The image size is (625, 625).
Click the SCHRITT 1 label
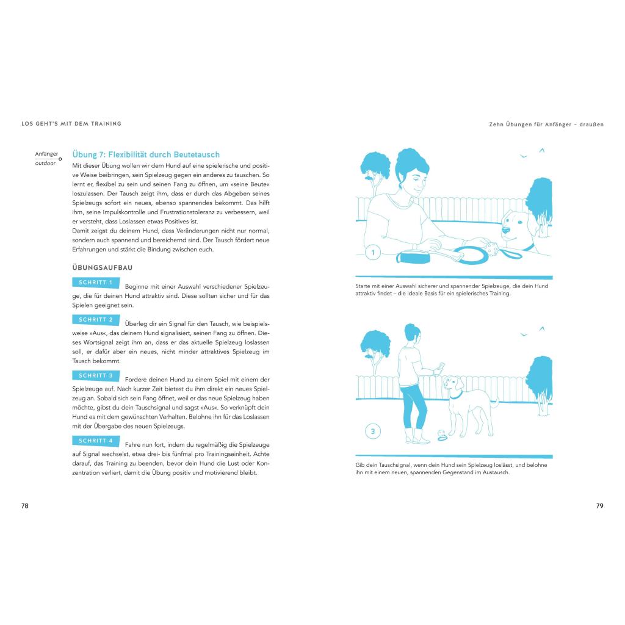click(95, 283)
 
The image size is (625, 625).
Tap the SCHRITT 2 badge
click(95, 320)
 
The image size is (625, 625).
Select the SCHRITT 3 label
click(95, 376)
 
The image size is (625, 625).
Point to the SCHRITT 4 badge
click(95, 441)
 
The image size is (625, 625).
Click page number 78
click(25, 506)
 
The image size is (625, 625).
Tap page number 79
click(599, 506)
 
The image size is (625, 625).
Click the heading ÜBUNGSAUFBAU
click(103, 267)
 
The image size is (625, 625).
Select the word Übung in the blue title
click(85, 155)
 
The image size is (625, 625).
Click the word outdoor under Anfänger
click(45, 164)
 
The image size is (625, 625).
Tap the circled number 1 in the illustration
click(372, 252)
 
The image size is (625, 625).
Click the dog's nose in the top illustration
click(505, 230)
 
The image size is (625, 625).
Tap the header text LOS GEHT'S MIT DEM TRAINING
click(71, 124)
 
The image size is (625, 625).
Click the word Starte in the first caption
click(364, 286)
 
